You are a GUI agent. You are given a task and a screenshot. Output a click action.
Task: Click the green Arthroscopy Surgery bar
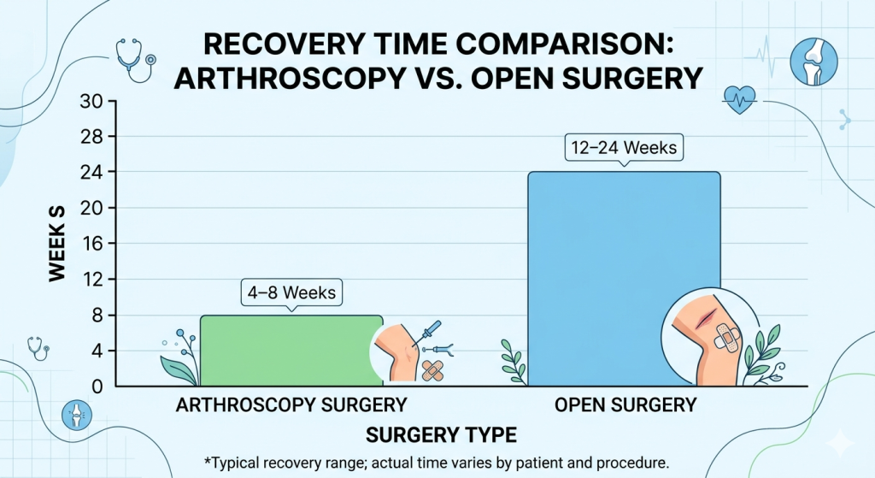[282, 351]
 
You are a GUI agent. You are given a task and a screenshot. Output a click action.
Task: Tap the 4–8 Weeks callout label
[291, 293]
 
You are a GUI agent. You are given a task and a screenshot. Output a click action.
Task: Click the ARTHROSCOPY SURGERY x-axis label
[291, 404]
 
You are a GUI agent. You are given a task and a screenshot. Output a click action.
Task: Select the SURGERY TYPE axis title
[441, 434]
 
